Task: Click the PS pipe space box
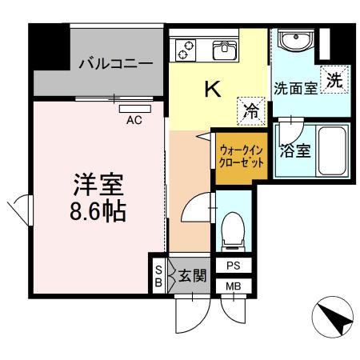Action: click(233, 266)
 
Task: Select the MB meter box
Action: click(233, 286)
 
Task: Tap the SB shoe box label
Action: click(158, 275)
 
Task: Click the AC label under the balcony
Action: click(134, 121)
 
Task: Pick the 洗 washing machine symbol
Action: click(334, 79)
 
